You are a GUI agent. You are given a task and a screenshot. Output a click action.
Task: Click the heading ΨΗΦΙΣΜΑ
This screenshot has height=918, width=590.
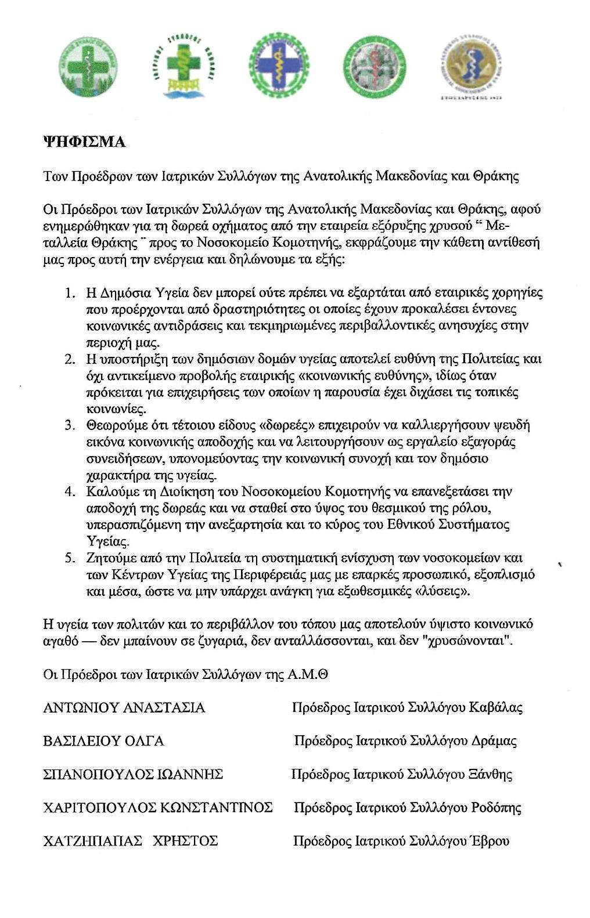click(x=85, y=142)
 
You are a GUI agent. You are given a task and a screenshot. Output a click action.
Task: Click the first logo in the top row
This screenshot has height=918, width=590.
click(x=88, y=67)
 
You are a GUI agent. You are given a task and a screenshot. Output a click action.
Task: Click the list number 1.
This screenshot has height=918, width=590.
click(x=70, y=292)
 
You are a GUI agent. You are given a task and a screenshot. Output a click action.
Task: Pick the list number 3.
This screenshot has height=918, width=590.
click(x=70, y=425)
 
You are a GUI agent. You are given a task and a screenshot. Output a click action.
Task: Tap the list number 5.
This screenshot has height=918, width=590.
click(x=70, y=558)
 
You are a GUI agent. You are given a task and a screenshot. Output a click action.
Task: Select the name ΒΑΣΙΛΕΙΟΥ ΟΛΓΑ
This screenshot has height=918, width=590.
click(x=104, y=741)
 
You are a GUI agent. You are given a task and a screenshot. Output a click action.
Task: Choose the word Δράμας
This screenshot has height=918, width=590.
click(x=494, y=741)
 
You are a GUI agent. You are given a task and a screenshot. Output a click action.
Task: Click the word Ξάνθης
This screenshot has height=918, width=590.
click(x=491, y=775)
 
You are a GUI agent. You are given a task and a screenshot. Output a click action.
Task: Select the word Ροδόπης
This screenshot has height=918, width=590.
click(x=496, y=808)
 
